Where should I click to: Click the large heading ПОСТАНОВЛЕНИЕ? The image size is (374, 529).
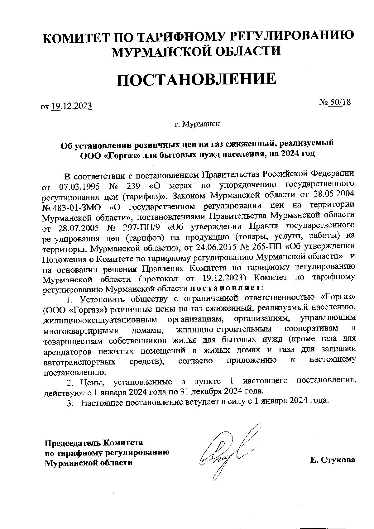(196, 79)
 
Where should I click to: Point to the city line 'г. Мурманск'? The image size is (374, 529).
(197, 124)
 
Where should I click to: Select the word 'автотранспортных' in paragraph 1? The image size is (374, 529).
(79, 362)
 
